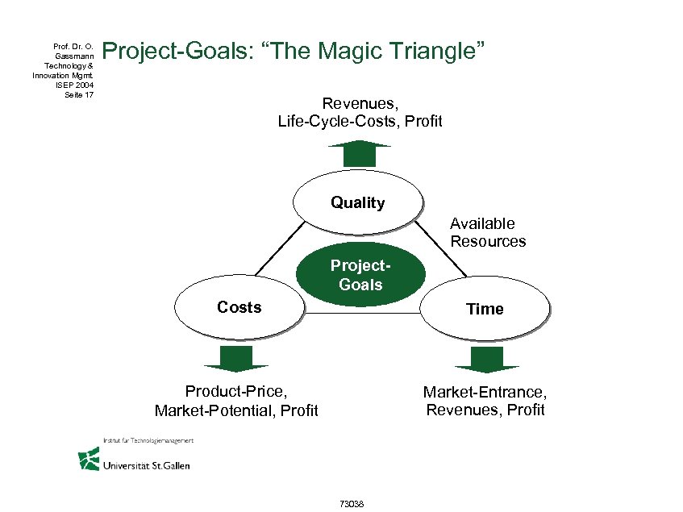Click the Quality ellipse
click(x=357, y=202)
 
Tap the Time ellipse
click(x=485, y=309)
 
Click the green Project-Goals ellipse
click(x=360, y=275)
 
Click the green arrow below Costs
click(x=235, y=358)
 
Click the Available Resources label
click(x=487, y=232)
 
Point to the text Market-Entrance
click(x=484, y=392)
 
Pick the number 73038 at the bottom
click(x=352, y=504)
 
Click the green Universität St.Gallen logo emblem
click(x=89, y=459)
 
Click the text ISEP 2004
click(x=77, y=85)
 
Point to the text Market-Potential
click(x=210, y=411)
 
